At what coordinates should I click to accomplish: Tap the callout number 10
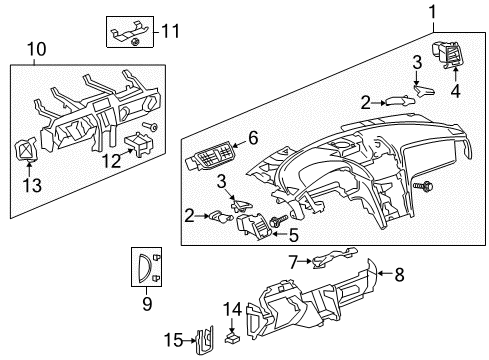pos(36,49)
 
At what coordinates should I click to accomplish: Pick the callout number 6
pos(254,137)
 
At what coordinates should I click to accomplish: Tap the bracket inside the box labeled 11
pos(129,34)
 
